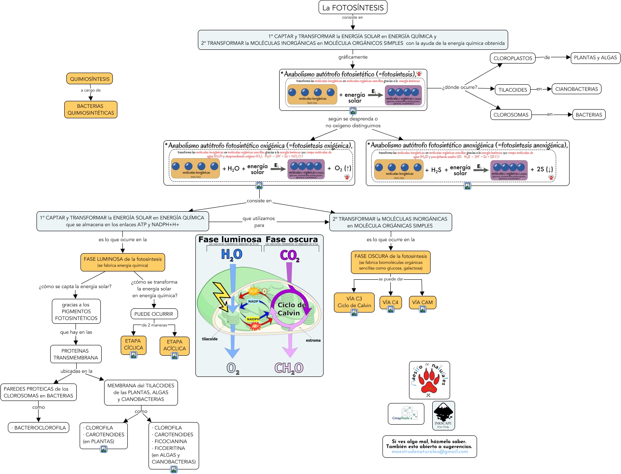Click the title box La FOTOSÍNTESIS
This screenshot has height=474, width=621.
coord(353,7)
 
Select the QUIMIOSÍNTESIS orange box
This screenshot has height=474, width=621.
coord(90,79)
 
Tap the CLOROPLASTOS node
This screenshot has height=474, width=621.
coord(513,58)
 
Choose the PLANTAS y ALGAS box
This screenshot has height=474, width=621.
coord(595,58)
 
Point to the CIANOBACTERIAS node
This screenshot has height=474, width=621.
coord(576,89)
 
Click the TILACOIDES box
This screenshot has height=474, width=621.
coord(513,90)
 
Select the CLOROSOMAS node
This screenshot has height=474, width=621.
coord(511,115)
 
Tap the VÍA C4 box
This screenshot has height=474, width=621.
coord(390,302)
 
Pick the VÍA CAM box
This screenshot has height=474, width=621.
coord(422,302)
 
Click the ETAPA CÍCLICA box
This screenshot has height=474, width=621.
coord(133,345)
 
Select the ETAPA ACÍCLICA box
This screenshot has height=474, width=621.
coord(175,345)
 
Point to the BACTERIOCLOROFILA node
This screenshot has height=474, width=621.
coord(39,428)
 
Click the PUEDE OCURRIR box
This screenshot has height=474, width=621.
coord(153,314)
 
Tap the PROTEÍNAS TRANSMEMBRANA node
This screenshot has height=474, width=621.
coord(76,354)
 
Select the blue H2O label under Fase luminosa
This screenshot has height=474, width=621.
coord(231,254)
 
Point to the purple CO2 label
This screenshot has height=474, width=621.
coord(290,255)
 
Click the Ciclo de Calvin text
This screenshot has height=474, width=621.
coord(292,309)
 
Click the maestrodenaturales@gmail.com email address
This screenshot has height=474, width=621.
coord(429,452)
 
